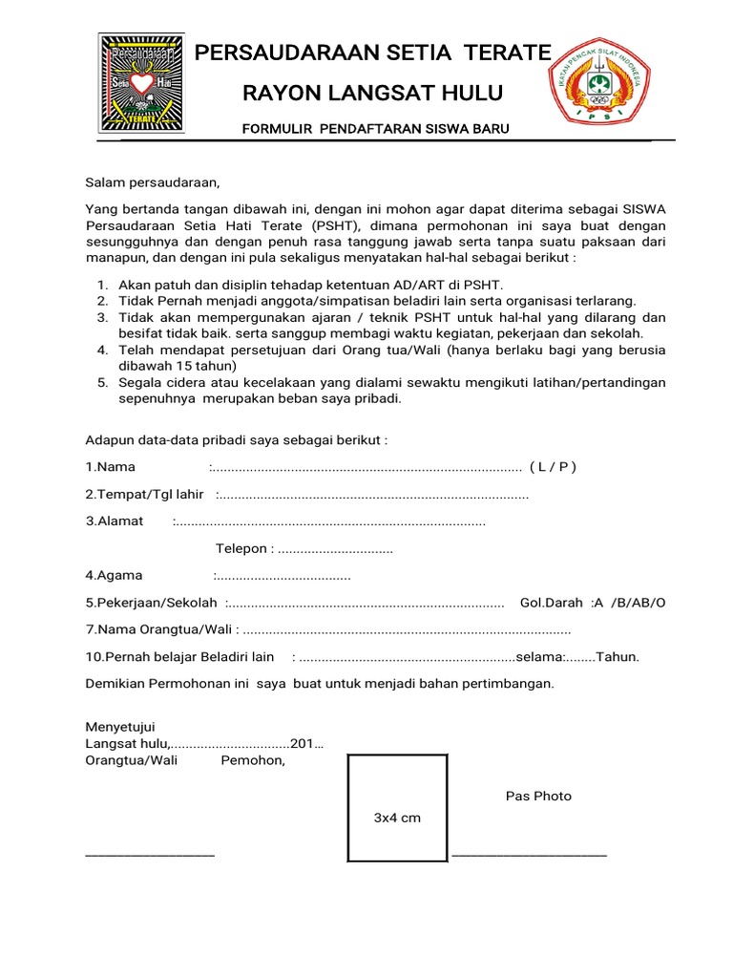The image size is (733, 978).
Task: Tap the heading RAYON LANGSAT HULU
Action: (372, 94)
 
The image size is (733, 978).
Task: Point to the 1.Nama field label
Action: (111, 467)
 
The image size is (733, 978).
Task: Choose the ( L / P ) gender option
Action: (553, 467)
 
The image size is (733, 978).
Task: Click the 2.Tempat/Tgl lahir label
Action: (145, 494)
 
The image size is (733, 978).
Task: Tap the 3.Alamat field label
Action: (115, 521)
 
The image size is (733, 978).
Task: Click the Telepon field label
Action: (244, 549)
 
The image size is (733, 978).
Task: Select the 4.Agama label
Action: (115, 576)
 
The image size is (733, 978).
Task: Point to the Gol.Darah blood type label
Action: (551, 603)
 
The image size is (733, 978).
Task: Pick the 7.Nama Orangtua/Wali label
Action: (159, 630)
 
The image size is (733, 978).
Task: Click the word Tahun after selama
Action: (617, 657)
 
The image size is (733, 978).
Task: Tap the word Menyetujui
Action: (120, 728)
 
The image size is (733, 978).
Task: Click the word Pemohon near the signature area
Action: (253, 760)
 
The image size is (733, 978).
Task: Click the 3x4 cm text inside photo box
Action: (397, 819)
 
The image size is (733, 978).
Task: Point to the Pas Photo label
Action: (538, 797)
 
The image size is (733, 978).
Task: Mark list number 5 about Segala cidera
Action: (102, 383)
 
